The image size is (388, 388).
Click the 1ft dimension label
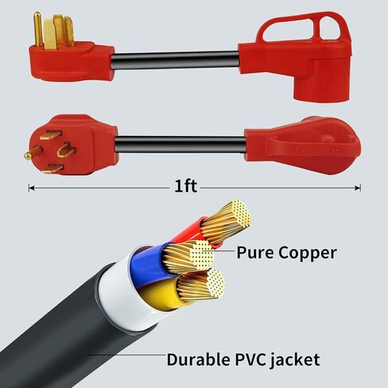[x=185, y=186]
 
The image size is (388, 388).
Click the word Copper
[x=308, y=254]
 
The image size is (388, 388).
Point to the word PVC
[x=251, y=359]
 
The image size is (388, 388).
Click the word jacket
[x=295, y=360]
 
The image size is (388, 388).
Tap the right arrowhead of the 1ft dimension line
[x=358, y=188]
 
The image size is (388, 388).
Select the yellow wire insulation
[x=161, y=294]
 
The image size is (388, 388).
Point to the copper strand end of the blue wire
[x=203, y=254]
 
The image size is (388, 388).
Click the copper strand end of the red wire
[x=239, y=214]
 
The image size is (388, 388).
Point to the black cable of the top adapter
[x=176, y=60]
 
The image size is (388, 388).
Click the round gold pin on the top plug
[x=38, y=29]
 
